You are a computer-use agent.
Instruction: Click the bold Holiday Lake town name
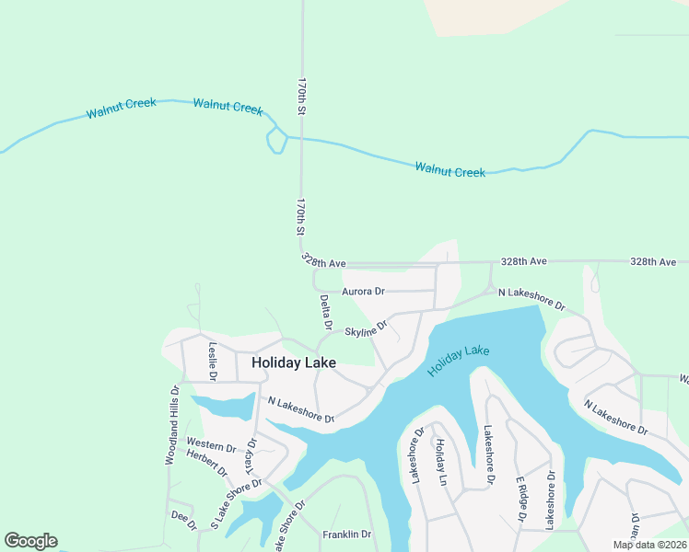[x=294, y=363]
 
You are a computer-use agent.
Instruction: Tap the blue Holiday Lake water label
[x=459, y=361]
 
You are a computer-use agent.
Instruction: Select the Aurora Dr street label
[x=363, y=292]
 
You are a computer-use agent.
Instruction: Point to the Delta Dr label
[x=325, y=312]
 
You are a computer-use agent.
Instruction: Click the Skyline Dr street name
[x=366, y=328]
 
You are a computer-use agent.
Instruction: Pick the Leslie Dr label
[x=212, y=361]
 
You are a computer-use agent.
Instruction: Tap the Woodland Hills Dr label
[x=171, y=425]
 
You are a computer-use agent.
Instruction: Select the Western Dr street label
[x=210, y=444]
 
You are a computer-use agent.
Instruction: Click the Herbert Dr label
[x=206, y=462]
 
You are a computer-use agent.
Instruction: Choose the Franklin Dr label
[x=346, y=535]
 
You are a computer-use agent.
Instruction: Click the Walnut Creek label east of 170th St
[x=450, y=169]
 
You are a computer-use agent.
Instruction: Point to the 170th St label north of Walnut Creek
[x=301, y=96]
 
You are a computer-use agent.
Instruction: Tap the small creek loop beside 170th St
[x=275, y=142]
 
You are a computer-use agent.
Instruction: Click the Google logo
[x=30, y=541]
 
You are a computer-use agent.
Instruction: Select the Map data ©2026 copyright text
[x=648, y=545]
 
